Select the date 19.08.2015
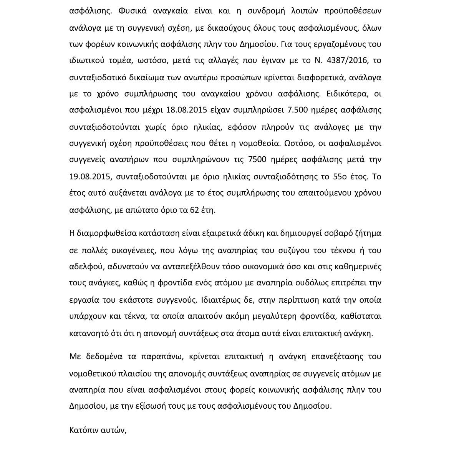[89, 177]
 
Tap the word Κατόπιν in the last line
[82, 430]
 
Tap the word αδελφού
[87, 267]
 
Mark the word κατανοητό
[89, 333]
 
